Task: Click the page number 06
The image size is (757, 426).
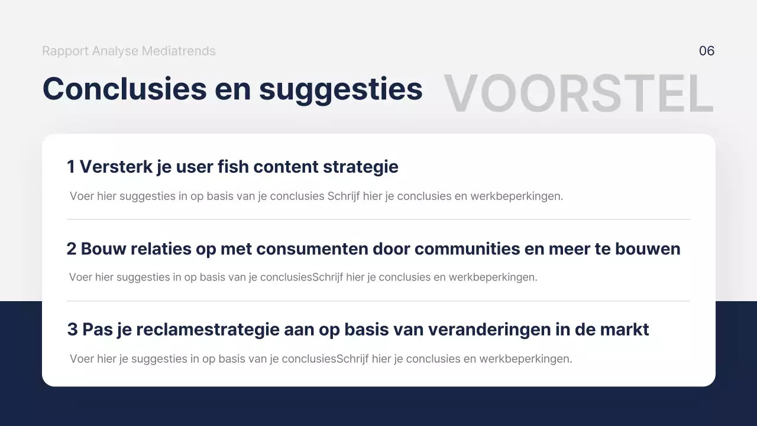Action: tap(707, 51)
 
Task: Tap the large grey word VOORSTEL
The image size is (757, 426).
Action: tap(578, 93)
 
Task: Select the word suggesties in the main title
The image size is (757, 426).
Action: tap(341, 90)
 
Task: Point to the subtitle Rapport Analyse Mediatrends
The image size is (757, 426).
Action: tap(129, 51)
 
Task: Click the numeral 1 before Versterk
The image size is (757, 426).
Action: tap(71, 167)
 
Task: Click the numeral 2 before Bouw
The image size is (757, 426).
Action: tap(72, 249)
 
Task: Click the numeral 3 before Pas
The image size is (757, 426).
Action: tap(72, 330)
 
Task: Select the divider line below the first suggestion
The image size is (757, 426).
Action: tap(378, 220)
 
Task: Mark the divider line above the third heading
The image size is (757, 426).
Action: tap(378, 301)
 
